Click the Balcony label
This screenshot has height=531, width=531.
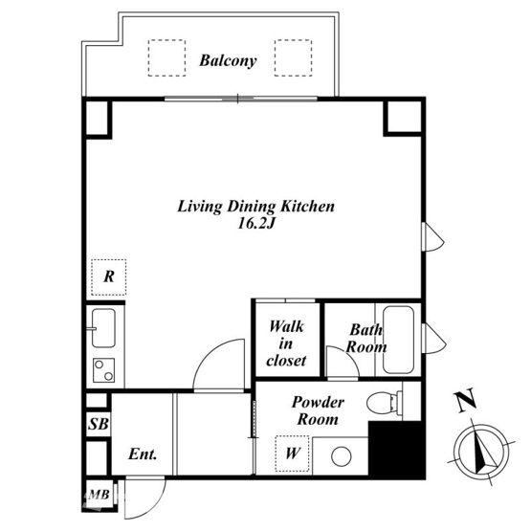click(228, 61)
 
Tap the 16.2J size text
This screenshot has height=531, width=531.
click(255, 224)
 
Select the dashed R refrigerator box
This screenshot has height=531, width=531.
click(109, 277)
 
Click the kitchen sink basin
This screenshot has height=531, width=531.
click(103, 328)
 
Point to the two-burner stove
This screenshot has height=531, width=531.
click(103, 370)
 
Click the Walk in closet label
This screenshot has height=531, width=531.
click(286, 343)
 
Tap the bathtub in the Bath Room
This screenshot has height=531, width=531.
click(398, 340)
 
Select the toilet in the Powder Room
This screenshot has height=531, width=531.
click(384, 402)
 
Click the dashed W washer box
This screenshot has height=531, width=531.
click(292, 454)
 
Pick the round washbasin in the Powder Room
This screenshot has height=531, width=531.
click(341, 456)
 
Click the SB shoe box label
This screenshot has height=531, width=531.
click(99, 424)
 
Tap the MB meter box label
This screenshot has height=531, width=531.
click(99, 495)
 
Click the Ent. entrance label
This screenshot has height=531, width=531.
click(143, 454)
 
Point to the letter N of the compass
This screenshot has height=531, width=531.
click(467, 401)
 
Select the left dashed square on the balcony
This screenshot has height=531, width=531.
click(166, 58)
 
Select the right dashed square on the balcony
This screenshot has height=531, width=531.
click(294, 58)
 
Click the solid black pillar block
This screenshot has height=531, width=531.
click(396, 450)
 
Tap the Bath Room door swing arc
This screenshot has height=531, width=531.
click(350, 354)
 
